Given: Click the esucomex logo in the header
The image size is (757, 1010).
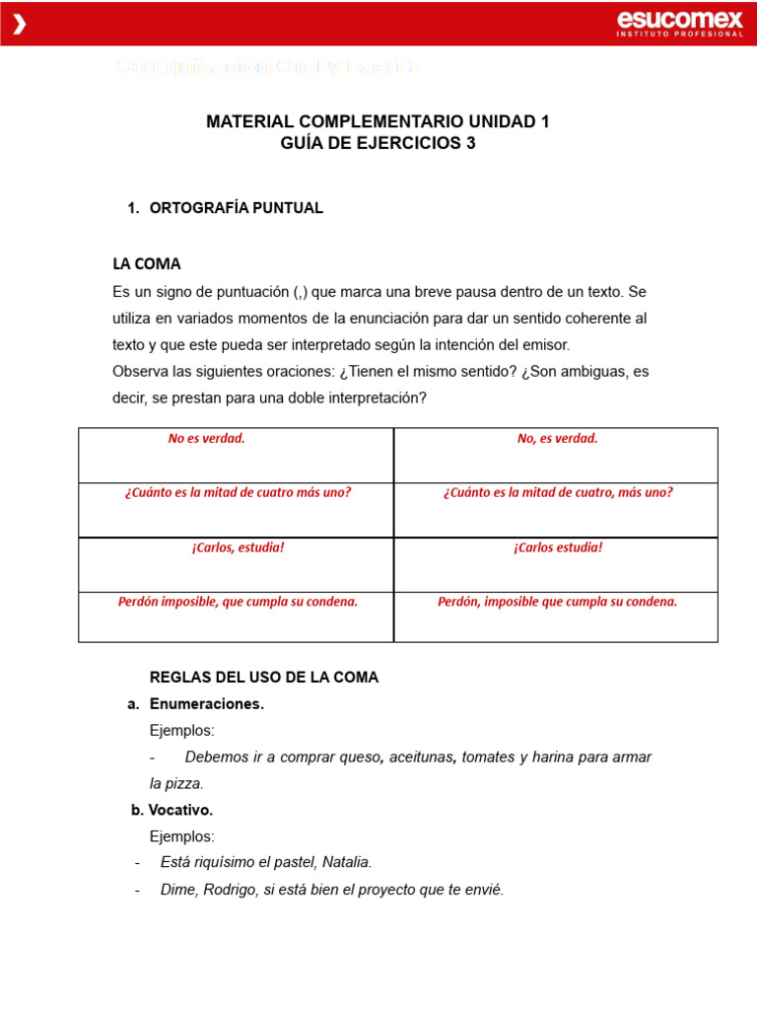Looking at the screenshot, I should point(679,23).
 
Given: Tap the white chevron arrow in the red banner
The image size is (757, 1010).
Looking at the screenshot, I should point(19,25).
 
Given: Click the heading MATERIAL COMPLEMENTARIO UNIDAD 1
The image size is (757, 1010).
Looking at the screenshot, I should point(378,121).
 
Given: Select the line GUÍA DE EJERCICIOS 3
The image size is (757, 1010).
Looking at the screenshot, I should point(378,143).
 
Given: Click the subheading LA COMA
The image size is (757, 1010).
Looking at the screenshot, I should point(147,264).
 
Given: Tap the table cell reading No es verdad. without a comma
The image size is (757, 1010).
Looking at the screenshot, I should point(206,439).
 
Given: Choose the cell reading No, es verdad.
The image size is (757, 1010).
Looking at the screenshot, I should point(557,439).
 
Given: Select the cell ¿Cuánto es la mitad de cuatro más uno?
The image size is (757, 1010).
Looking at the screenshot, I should point(238,492).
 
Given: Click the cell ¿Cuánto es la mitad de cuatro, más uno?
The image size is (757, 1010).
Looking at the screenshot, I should point(558,492).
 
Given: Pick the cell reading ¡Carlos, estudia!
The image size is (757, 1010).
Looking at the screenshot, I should point(238,546).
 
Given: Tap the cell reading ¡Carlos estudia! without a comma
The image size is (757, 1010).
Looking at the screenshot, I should point(557,546).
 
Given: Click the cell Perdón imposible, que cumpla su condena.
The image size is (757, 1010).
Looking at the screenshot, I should point(238,601).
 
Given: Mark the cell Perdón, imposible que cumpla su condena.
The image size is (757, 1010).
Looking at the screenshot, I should point(557,601).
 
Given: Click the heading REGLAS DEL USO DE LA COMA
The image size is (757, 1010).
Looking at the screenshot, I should point(263,678).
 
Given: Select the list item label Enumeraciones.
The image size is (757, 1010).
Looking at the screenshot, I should point(206,704).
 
